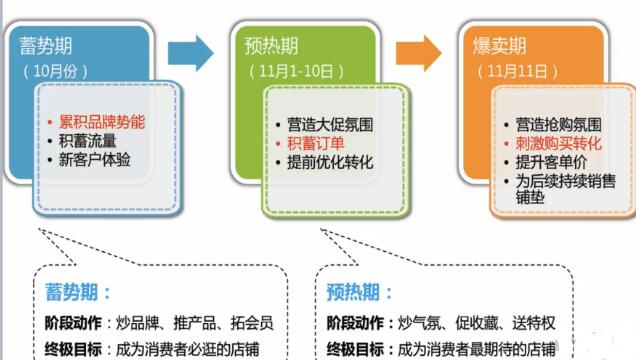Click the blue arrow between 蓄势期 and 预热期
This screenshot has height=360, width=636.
(x=191, y=50)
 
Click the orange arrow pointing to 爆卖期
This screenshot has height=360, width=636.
(x=419, y=50)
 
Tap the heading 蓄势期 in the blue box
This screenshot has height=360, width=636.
(x=47, y=46)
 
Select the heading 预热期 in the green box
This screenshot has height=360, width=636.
(x=272, y=46)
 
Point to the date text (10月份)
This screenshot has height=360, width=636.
(x=56, y=71)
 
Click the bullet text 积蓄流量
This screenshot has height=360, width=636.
(x=88, y=140)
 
